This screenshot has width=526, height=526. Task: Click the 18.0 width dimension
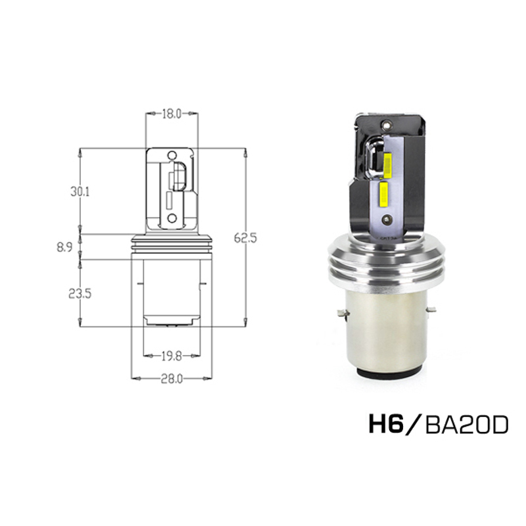pyautogui.click(x=171, y=114)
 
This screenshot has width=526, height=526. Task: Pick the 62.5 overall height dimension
pyautogui.click(x=245, y=237)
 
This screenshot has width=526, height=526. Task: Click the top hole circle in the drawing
pyautogui.click(x=172, y=155)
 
